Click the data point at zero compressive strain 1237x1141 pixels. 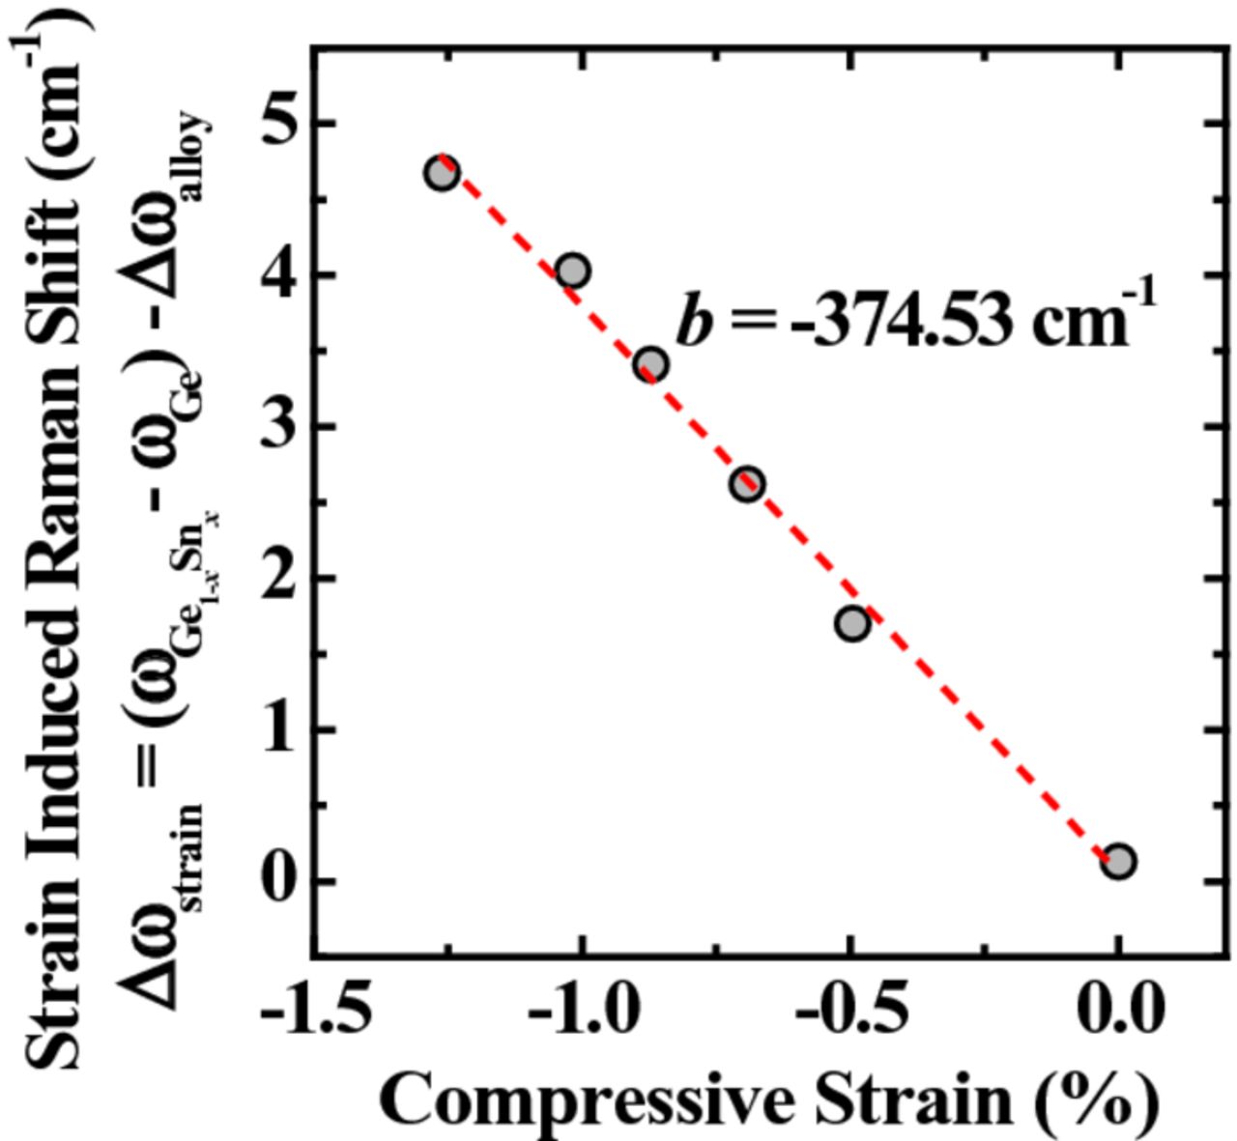click(1118, 861)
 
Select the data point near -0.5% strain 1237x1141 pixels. click(851, 624)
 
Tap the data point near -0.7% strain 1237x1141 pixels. click(746, 484)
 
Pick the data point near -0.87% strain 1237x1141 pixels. click(651, 365)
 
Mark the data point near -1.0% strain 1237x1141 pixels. click(573, 271)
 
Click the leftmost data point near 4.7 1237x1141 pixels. click(442, 174)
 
